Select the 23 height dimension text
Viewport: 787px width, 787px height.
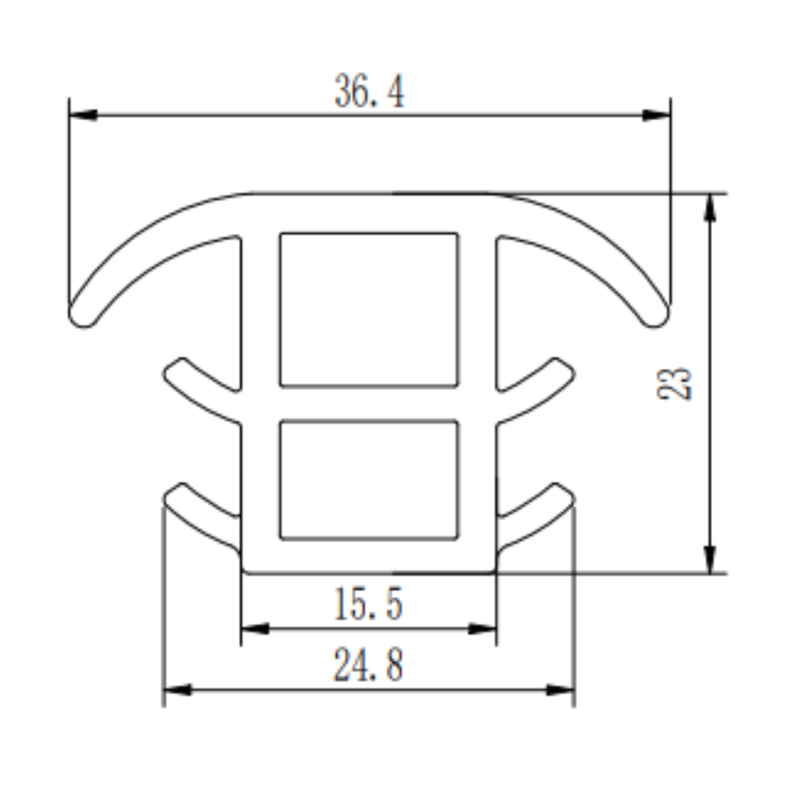[674, 383]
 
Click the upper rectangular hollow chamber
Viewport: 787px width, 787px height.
[369, 309]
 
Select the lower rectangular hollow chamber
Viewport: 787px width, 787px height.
[369, 479]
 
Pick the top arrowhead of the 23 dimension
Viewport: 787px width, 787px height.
[710, 207]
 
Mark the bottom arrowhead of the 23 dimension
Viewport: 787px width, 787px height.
[710, 560]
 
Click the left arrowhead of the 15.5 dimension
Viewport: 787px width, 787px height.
[254, 628]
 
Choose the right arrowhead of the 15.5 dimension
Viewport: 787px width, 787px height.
[482, 628]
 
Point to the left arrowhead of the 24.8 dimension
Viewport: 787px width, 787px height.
[177, 689]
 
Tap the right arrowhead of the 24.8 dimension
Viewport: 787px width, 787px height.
[560, 689]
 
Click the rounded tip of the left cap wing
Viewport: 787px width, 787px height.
[82, 316]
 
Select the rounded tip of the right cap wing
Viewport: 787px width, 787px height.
[656, 316]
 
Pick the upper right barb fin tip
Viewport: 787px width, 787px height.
[564, 369]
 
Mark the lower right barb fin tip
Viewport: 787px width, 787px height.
[564, 493]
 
